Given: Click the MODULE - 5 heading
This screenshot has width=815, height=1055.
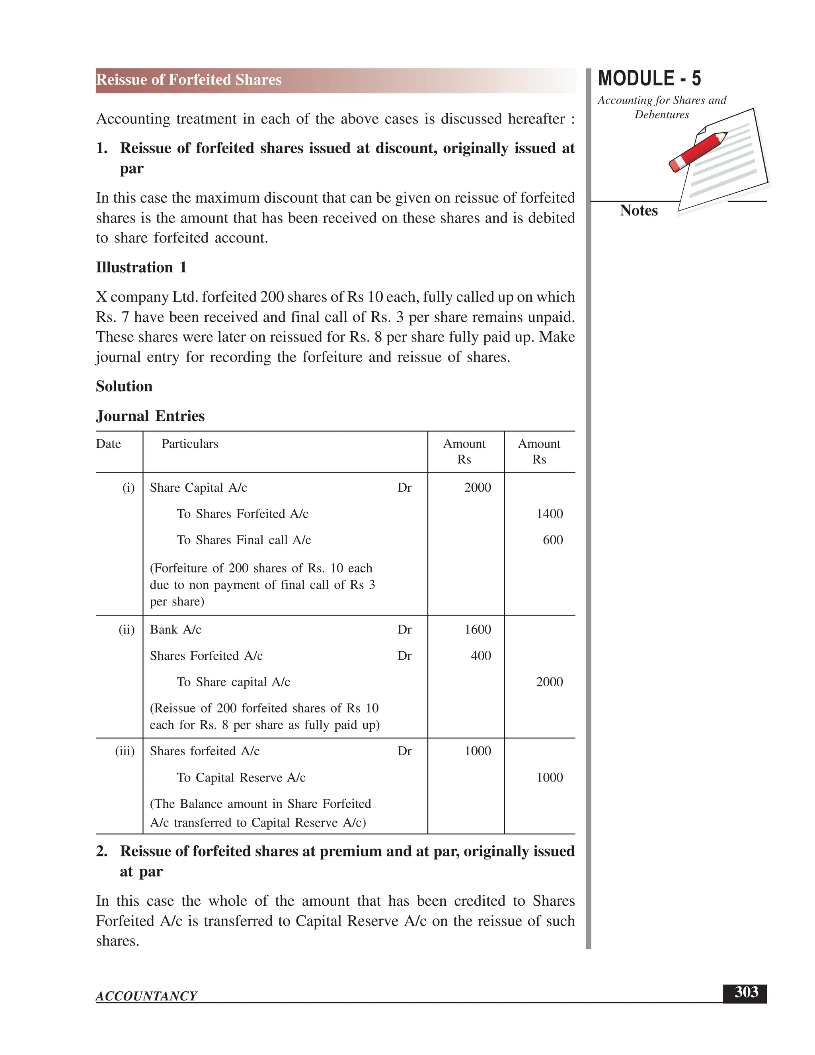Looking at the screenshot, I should [x=649, y=79].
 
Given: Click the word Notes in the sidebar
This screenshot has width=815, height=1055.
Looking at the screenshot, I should [x=638, y=211].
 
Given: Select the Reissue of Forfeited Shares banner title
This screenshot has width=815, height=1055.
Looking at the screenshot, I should [x=189, y=80].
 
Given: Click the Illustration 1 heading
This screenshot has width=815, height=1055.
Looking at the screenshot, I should [x=141, y=267].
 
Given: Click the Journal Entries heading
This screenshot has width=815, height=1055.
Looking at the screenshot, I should [x=150, y=416].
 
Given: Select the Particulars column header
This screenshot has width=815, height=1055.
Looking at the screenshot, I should [x=190, y=444].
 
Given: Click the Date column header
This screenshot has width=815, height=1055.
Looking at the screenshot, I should [x=108, y=444].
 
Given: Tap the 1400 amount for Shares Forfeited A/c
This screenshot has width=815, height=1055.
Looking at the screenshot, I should [x=550, y=514].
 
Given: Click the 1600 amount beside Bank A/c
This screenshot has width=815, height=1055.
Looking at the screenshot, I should [x=478, y=629].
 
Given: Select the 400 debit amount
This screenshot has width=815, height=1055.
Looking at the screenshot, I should [x=481, y=656].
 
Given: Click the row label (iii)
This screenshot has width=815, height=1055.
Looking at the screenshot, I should [x=125, y=751].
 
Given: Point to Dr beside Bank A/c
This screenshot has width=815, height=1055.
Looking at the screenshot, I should [x=404, y=629].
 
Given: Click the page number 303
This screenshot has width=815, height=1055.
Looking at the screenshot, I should [x=746, y=992].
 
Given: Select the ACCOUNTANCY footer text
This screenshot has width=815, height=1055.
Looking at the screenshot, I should [x=146, y=996].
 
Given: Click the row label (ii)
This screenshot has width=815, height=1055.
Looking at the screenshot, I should [x=127, y=629].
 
